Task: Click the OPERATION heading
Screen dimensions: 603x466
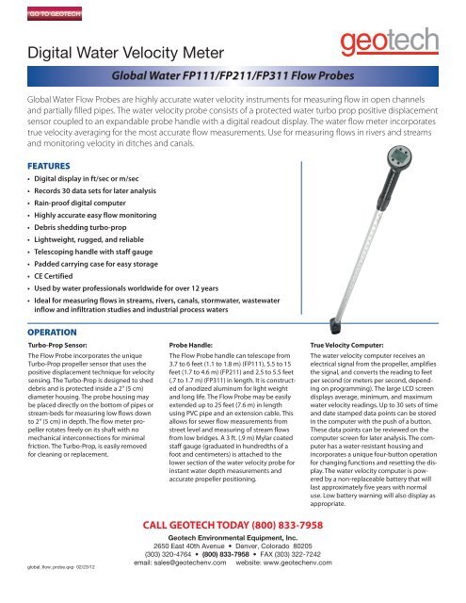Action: [x=53, y=331]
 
